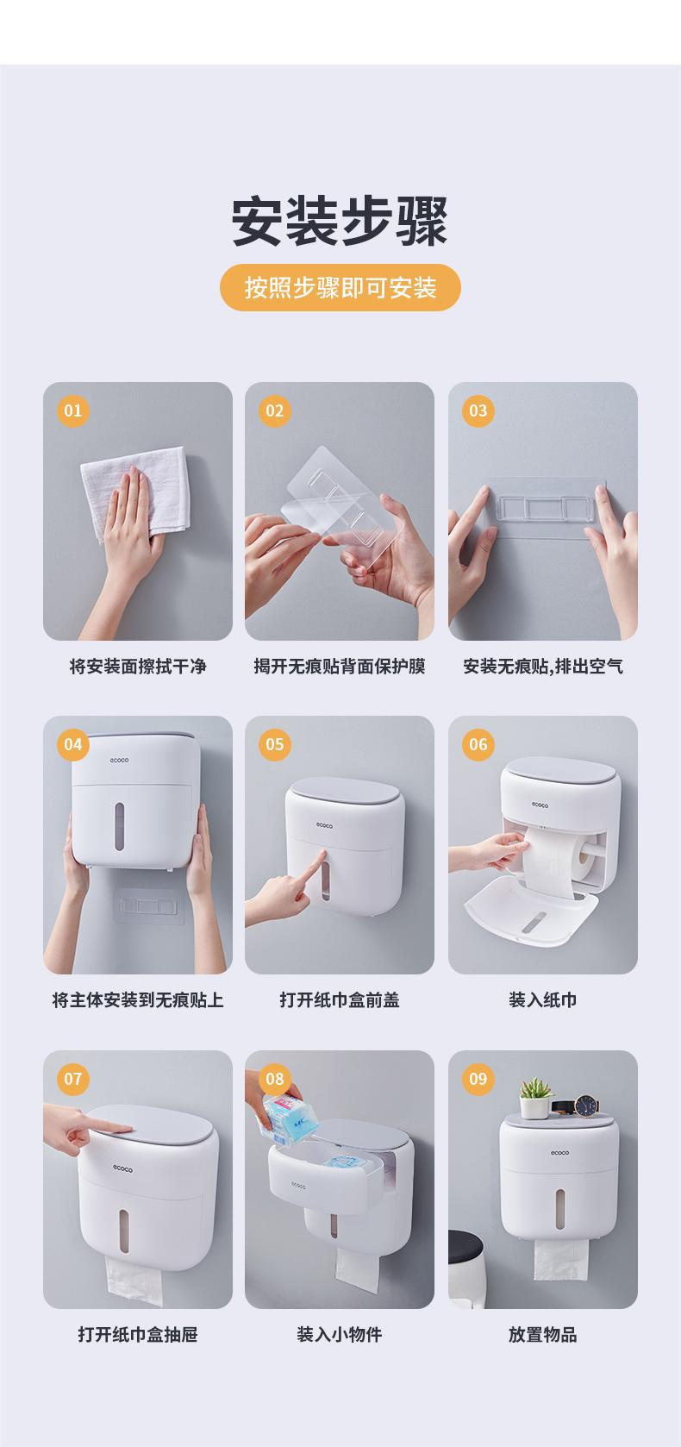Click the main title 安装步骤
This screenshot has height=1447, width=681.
click(x=340, y=221)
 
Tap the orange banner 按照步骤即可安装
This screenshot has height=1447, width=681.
click(x=340, y=287)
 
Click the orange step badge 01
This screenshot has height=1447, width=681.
click(x=73, y=410)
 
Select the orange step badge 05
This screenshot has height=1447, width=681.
click(x=274, y=744)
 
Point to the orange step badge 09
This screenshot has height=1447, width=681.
click(x=478, y=1079)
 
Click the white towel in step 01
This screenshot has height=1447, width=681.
click(x=135, y=491)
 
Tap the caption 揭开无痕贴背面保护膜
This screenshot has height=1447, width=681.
click(x=340, y=666)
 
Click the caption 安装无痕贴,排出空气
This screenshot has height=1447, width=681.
click(x=543, y=666)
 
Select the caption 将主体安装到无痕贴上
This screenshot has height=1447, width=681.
click(x=137, y=1000)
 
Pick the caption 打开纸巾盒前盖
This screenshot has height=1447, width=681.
click(x=340, y=1000)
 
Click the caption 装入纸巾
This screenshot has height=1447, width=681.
click(x=543, y=1000)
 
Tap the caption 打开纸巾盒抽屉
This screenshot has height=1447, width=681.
click(x=137, y=1334)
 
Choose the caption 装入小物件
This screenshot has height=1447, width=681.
click(x=340, y=1334)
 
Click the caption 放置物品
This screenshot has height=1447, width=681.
click(x=543, y=1334)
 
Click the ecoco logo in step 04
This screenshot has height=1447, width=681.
click(x=120, y=761)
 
